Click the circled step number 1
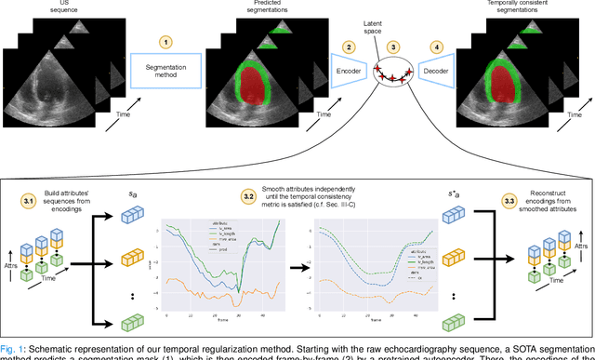[165, 43]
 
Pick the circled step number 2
[349, 46]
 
